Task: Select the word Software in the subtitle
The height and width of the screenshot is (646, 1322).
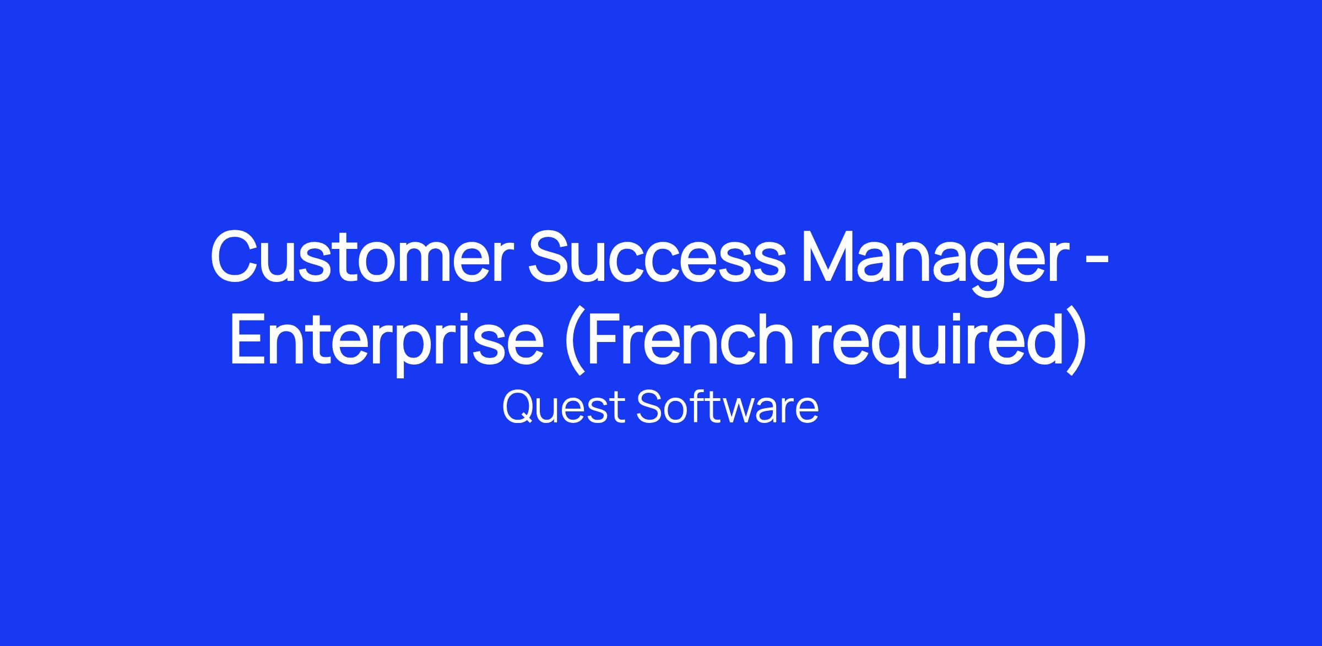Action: [728, 407]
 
